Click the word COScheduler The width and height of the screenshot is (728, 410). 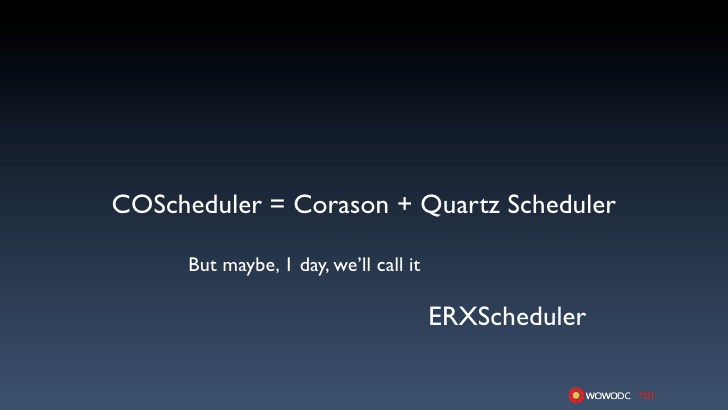187,204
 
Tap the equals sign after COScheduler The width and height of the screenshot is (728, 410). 277,203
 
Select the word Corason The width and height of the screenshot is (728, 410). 341,204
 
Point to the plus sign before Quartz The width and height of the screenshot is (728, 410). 404,203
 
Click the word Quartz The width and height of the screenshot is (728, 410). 460,205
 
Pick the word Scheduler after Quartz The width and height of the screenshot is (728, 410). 561,204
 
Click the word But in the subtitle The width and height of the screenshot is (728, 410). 202,265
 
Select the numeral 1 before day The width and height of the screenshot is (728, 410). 289,265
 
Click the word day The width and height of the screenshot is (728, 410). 313,266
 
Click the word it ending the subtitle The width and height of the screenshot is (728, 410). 414,265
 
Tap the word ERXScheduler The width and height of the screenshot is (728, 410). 507,317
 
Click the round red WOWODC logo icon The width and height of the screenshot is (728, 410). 576,395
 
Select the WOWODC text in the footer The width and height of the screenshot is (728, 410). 608,396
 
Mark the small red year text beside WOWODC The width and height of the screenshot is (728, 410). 646,396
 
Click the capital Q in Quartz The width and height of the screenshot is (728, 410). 431,205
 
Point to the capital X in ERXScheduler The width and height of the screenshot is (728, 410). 468,317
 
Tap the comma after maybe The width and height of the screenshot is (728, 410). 278,271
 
